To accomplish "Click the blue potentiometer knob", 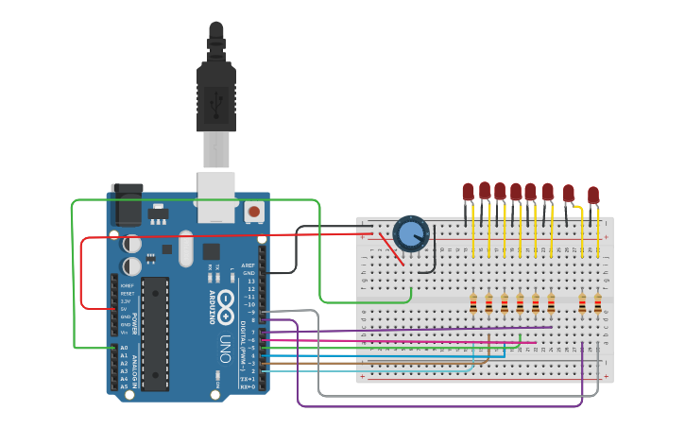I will click(x=410, y=233).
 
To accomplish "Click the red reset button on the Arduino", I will click(x=253, y=211).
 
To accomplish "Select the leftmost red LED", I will click(x=468, y=192).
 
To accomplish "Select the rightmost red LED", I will click(x=592, y=196).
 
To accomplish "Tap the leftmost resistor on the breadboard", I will click(x=473, y=303).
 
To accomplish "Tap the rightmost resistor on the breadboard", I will click(x=598, y=303).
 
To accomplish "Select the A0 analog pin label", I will click(x=124, y=349).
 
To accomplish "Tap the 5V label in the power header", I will click(x=124, y=308).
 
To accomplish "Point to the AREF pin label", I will click(x=248, y=265).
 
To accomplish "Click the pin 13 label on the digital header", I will click(x=250, y=281).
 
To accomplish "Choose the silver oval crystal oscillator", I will click(x=184, y=249).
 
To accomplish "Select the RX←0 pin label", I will click(x=248, y=386).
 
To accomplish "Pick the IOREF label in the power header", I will click(x=126, y=284).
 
